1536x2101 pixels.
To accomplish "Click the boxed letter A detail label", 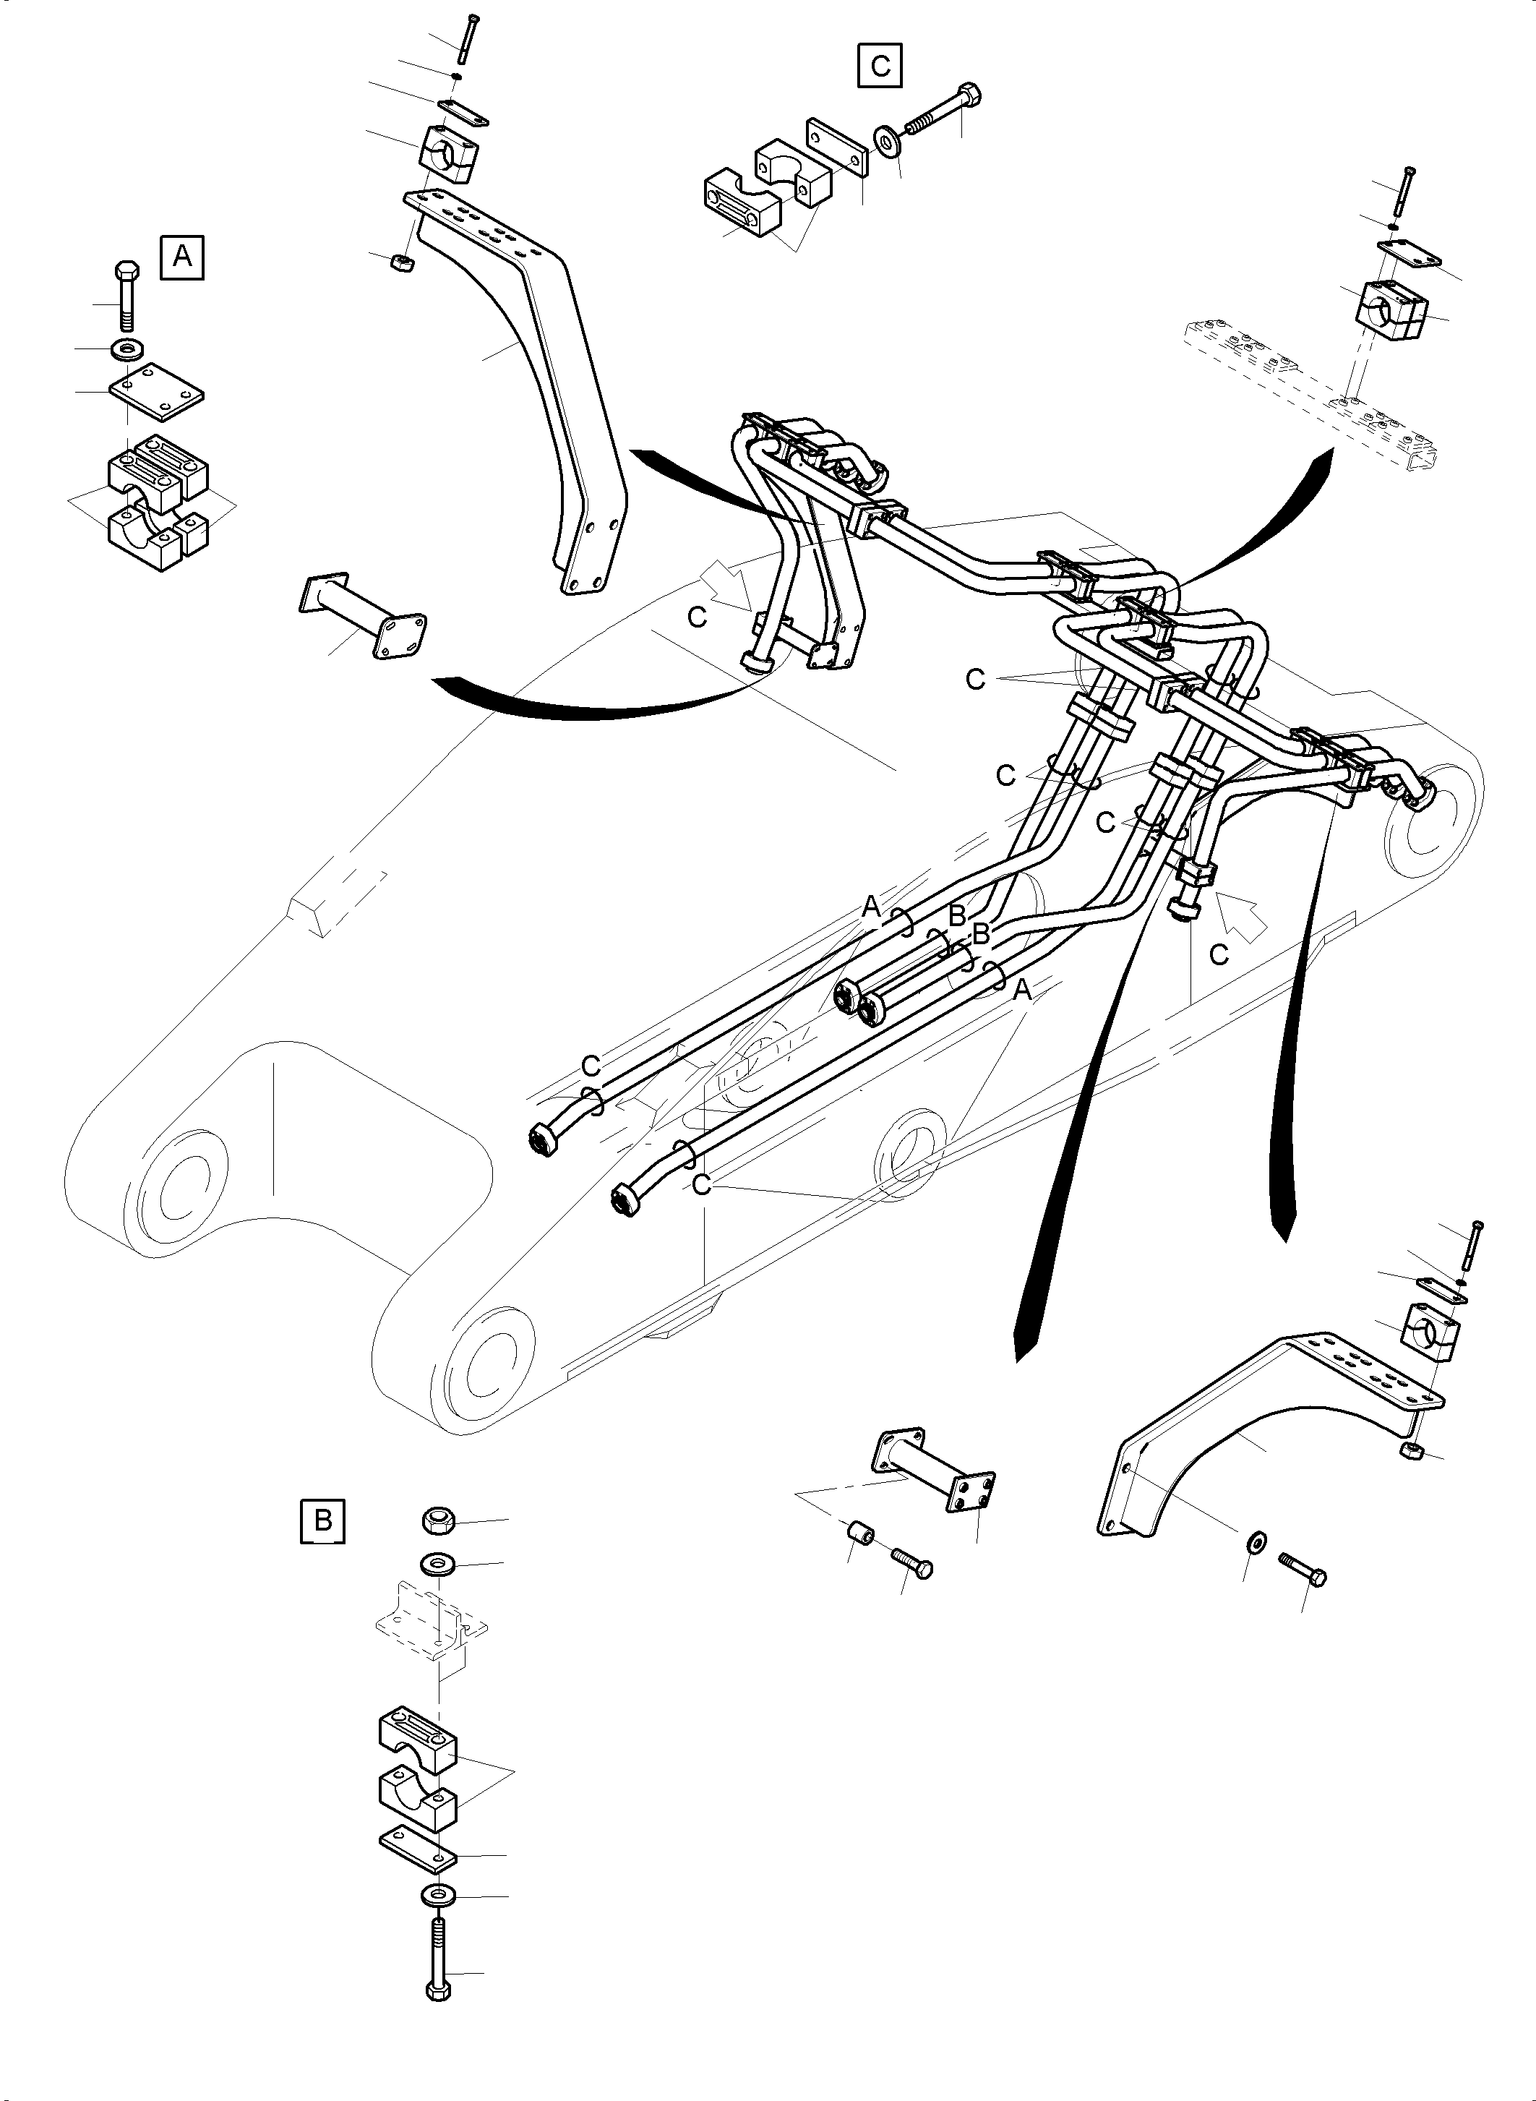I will coord(182,256).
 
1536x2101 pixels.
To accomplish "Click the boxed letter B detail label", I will coord(322,1520).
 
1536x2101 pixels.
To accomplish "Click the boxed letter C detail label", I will coord(880,66).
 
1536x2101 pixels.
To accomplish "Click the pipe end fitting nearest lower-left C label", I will coord(543,1139).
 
